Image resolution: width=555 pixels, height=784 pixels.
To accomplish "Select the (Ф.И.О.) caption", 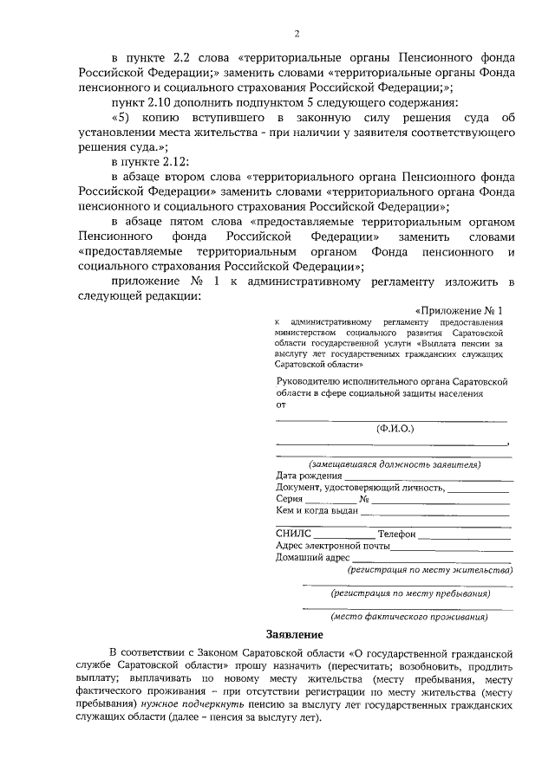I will [x=395, y=429].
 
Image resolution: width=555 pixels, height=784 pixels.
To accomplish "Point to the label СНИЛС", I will [x=291, y=534].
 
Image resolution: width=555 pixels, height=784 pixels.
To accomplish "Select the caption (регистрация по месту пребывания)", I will [x=410, y=594].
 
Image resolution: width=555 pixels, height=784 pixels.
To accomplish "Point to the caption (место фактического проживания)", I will [x=409, y=617].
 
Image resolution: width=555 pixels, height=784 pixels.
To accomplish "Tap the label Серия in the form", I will [x=290, y=500].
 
